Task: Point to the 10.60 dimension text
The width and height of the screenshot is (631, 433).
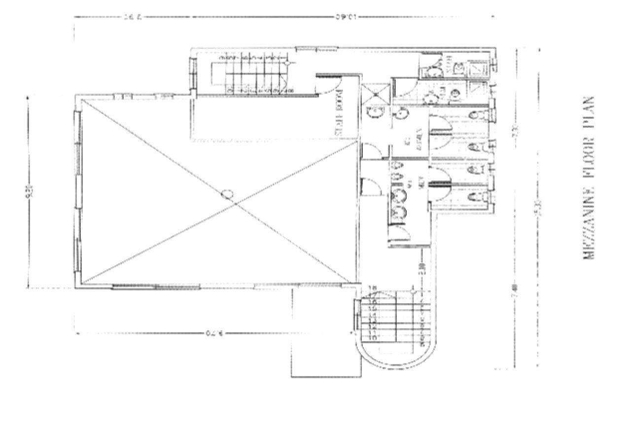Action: point(346,17)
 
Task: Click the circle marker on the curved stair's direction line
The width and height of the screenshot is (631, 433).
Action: point(412,292)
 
